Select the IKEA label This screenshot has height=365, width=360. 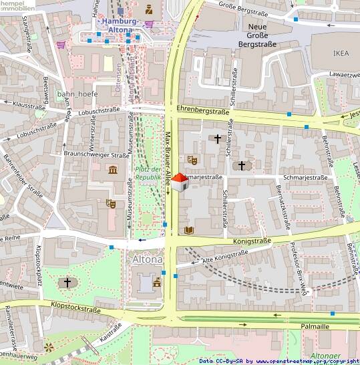tap(341, 52)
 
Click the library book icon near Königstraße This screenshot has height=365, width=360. tap(189, 230)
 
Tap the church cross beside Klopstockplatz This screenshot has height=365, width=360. tap(67, 283)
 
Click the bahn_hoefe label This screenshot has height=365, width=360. tap(77, 94)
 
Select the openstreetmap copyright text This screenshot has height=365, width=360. tap(279, 361)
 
